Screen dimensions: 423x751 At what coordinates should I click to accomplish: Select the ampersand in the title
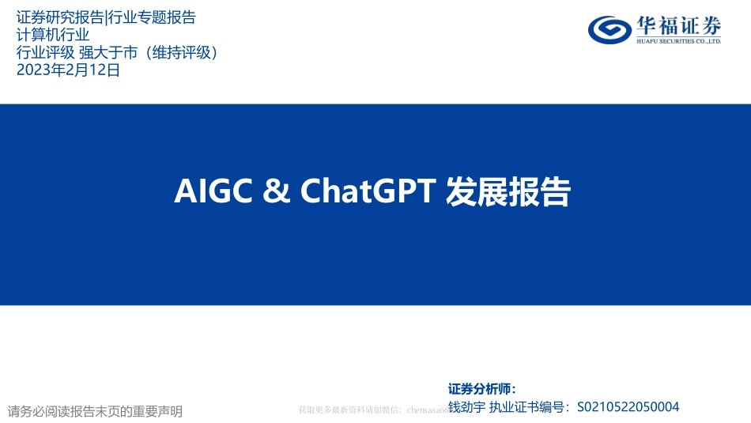pyautogui.click(x=274, y=192)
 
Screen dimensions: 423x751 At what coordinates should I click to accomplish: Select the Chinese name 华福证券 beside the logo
pyautogui.click(x=677, y=25)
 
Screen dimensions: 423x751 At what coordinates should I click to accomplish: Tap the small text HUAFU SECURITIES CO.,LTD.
pyautogui.click(x=677, y=41)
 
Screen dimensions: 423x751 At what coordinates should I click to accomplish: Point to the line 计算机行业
pyautogui.click(x=53, y=35)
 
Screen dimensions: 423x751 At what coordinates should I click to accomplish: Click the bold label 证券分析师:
pyautogui.click(x=481, y=389)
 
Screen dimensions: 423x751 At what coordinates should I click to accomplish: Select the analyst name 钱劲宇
pyautogui.click(x=466, y=407)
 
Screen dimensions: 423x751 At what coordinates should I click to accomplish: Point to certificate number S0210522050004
pyautogui.click(x=628, y=407)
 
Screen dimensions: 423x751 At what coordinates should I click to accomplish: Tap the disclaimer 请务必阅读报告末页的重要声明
pyautogui.click(x=95, y=411)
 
